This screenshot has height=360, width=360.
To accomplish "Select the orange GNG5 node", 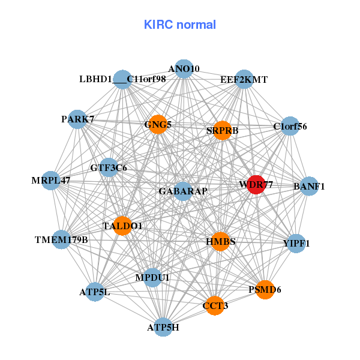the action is pyautogui.click(x=158, y=125).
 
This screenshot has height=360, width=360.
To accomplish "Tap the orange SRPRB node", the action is pyautogui.click(x=222, y=131).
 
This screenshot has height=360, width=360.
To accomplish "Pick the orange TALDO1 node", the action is pyautogui.click(x=122, y=226).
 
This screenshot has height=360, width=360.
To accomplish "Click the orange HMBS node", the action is pyautogui.click(x=220, y=241).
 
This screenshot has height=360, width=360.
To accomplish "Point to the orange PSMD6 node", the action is pyautogui.click(x=265, y=289).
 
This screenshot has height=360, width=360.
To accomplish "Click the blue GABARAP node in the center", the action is pyautogui.click(x=183, y=191).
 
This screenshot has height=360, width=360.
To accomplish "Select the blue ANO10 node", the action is pyautogui.click(x=184, y=69).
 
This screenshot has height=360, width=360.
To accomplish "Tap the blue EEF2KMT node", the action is pyautogui.click(x=244, y=79).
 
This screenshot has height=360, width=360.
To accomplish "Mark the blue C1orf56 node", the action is pyautogui.click(x=290, y=127).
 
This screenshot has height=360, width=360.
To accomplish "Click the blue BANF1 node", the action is pyautogui.click(x=309, y=186).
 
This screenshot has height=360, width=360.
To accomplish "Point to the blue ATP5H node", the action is pyautogui.click(x=163, y=327).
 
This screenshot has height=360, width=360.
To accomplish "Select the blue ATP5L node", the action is pyautogui.click(x=95, y=292).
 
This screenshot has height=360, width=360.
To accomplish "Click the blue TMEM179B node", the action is pyautogui.click(x=61, y=240).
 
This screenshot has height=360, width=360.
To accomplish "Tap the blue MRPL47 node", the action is pyautogui.click(x=51, y=180).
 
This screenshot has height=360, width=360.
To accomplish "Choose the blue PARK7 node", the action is pyautogui.click(x=77, y=119).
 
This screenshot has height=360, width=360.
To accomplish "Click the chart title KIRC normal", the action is pyautogui.click(x=180, y=25).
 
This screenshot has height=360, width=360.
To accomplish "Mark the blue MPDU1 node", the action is pyautogui.click(x=152, y=278).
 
